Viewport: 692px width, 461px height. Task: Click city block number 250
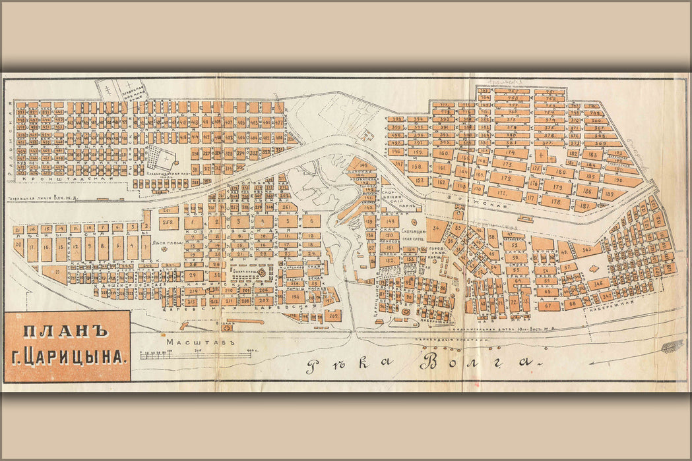pos(168,223)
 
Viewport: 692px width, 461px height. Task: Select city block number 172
pos(506,178)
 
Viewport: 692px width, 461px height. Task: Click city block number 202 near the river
pos(332,315)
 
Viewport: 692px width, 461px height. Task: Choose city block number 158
pos(416,167)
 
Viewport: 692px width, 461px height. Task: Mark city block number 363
pos(586,250)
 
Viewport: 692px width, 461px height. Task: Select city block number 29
pos(193,276)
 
